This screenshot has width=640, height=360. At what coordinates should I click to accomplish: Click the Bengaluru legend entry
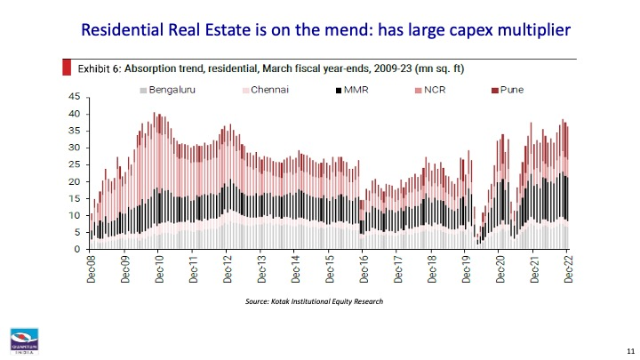pos(169,90)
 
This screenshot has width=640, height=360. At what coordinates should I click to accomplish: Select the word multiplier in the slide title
pos(523,30)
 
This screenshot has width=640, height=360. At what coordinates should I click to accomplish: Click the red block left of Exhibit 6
pos(67,67)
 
